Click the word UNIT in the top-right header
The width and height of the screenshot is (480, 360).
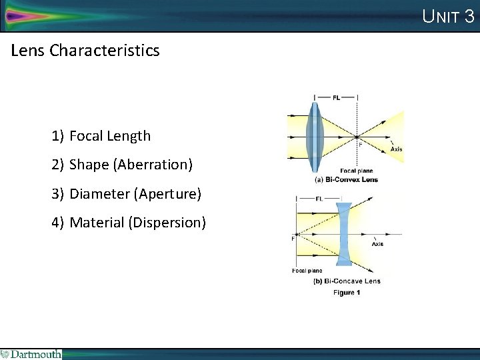click(441, 16)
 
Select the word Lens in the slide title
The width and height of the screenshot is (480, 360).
click(29, 50)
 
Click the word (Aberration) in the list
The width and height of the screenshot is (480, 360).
click(153, 165)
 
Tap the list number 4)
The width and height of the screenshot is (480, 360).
click(58, 223)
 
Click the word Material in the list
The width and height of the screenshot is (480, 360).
click(97, 223)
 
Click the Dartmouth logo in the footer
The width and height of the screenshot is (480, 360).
click(31, 354)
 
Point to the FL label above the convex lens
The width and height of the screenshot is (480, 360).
click(336, 97)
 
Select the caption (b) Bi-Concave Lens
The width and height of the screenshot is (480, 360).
click(347, 281)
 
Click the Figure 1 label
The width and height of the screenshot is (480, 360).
click(347, 293)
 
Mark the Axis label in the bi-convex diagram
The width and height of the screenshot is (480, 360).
click(396, 149)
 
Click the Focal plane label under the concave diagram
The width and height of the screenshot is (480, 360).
click(307, 270)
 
